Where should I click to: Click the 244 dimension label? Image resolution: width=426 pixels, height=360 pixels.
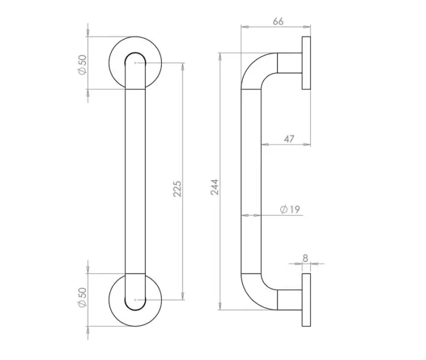214,187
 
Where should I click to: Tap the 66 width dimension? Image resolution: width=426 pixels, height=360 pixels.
278,22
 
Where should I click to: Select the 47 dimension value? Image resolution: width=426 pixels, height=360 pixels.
289,139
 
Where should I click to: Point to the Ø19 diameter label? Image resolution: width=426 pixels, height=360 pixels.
290,210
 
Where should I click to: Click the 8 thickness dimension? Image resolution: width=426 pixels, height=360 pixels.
306,258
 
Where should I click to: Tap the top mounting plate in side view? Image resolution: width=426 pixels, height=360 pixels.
306,63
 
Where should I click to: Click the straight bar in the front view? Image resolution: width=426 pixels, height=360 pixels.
135,182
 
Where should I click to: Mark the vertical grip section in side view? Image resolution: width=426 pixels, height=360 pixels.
251,182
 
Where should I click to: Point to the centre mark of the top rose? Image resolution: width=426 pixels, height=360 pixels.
135,63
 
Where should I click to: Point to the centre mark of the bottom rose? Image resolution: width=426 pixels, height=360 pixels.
135,299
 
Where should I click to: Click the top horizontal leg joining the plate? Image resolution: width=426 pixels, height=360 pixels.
289,63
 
